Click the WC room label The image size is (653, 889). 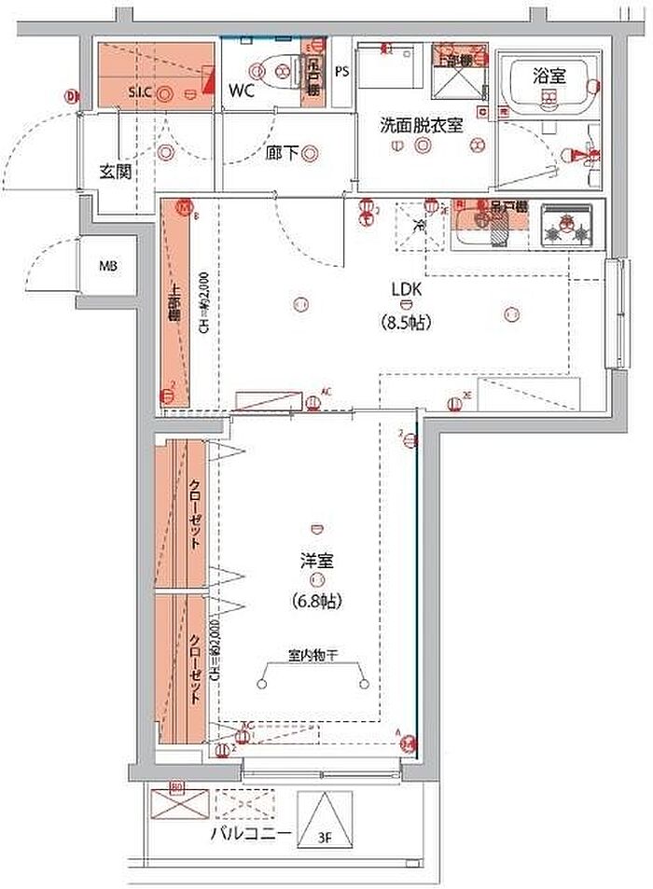coord(242,91)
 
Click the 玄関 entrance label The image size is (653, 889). coord(115,172)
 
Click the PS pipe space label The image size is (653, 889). coord(341,71)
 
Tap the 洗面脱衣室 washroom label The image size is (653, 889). coord(421,125)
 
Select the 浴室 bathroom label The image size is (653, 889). coord(549,77)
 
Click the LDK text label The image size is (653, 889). coord(407,289)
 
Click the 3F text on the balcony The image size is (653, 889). coord(326,837)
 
